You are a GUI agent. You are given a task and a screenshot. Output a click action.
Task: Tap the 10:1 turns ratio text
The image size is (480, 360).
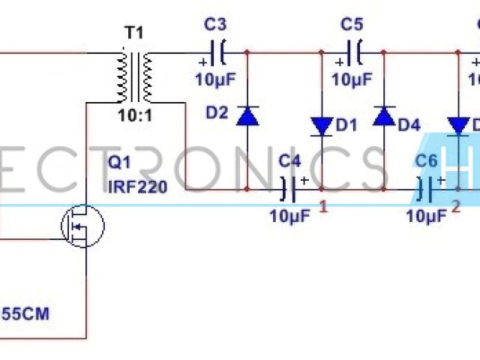pyautogui.click(x=135, y=117)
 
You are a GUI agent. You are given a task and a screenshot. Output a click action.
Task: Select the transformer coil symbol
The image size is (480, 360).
pyautogui.click(x=135, y=76)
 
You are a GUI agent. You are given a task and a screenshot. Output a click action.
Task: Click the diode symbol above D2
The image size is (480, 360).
pyautogui.click(x=247, y=115)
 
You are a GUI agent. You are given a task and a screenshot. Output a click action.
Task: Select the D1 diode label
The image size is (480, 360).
pyautogui.click(x=347, y=126)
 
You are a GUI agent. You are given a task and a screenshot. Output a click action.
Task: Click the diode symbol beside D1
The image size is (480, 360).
pyautogui.click(x=322, y=126)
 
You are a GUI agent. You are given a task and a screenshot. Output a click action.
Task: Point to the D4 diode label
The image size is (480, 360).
pyautogui.click(x=409, y=126)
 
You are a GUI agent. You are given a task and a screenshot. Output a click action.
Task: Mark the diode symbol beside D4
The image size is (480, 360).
pyautogui.click(x=384, y=115)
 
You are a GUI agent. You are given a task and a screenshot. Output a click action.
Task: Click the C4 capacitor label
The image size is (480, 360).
pyautogui.click(x=289, y=160)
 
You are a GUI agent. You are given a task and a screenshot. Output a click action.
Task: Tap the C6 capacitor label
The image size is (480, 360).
pyautogui.click(x=426, y=160)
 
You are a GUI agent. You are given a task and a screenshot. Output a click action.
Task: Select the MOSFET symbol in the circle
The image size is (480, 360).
pyautogui.click(x=82, y=224)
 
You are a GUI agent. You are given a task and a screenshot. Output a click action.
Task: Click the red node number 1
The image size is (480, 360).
pyautogui.click(x=323, y=207)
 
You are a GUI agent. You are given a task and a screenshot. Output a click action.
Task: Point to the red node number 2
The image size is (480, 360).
pyautogui.click(x=454, y=207)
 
